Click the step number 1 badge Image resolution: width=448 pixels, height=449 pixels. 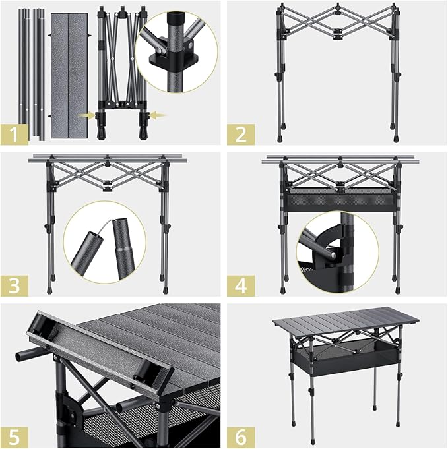click(x=15, y=134)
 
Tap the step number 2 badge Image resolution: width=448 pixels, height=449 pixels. click(x=241, y=134)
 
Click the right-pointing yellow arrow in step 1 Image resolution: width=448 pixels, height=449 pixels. click(x=86, y=115)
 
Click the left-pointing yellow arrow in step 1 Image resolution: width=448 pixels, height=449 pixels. click(x=158, y=115)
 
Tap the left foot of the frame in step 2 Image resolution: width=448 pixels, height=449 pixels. click(x=279, y=140)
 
